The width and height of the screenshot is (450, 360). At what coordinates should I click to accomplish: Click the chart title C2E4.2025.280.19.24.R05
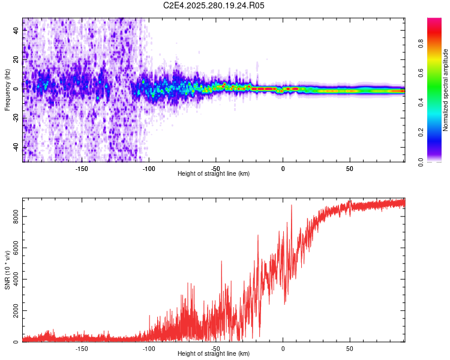(x=214, y=5)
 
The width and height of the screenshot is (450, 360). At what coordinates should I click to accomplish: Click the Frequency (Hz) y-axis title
(x=7, y=90)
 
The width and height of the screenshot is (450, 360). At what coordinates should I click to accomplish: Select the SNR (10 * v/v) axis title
(x=7, y=270)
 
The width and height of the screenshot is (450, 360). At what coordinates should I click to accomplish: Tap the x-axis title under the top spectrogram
(x=214, y=174)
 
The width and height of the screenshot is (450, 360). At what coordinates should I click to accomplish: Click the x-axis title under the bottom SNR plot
(x=214, y=354)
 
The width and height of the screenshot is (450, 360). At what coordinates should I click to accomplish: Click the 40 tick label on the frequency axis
(x=16, y=32)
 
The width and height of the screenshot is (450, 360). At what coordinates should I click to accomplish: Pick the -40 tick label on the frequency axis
(x=16, y=147)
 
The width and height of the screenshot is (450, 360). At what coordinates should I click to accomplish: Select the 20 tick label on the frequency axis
(x=16, y=61)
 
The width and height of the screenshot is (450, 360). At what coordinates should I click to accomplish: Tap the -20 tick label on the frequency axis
(x=16, y=118)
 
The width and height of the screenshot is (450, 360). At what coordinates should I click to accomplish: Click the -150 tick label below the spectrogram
(x=82, y=169)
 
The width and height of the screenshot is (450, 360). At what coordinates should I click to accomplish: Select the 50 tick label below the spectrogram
(x=350, y=169)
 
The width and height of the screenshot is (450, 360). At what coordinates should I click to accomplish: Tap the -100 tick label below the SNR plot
(x=149, y=349)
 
